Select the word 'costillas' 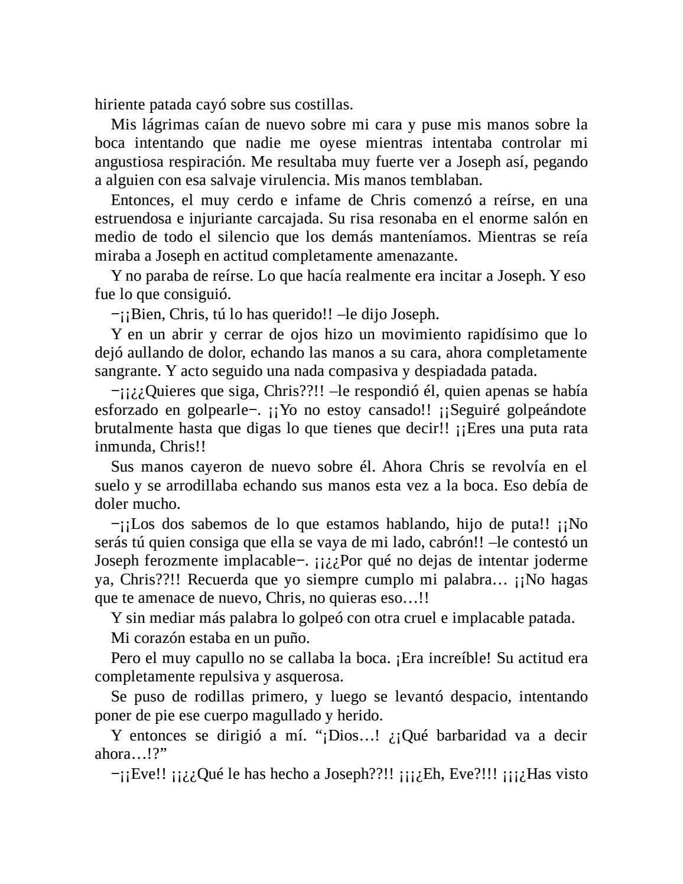click(x=324, y=105)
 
